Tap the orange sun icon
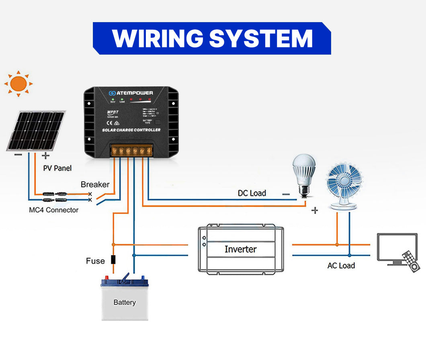(18, 84)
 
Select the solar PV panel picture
(36, 131)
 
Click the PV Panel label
(57, 168)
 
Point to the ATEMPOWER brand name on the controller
(134, 93)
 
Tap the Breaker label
(95, 184)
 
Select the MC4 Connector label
(54, 210)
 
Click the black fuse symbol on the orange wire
(113, 259)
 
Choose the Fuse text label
(95, 261)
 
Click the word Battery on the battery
(124, 302)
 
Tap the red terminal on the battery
(107, 277)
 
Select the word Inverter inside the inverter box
(240, 249)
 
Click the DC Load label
(252, 193)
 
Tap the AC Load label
(341, 266)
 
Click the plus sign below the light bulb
(315, 210)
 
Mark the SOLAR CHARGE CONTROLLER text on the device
(131, 130)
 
